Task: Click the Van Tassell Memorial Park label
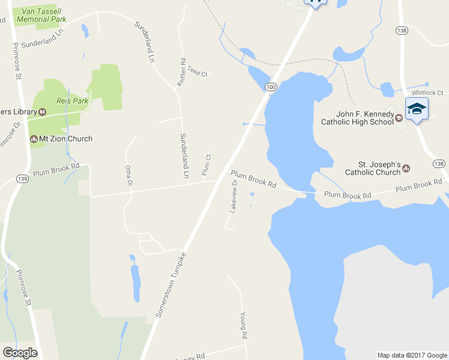[41, 15]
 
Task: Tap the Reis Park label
[73, 101]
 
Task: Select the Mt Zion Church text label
[65, 139]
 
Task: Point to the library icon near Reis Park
[42, 112]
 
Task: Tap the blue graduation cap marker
[417, 109]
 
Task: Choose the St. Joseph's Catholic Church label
[372, 168]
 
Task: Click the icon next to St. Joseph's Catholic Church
[406, 168]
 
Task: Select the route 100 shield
[271, 88]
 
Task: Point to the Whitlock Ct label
[427, 93]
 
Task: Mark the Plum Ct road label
[207, 166]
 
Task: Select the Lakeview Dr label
[234, 196]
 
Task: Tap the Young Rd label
[244, 325]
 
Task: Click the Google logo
[19, 353]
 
